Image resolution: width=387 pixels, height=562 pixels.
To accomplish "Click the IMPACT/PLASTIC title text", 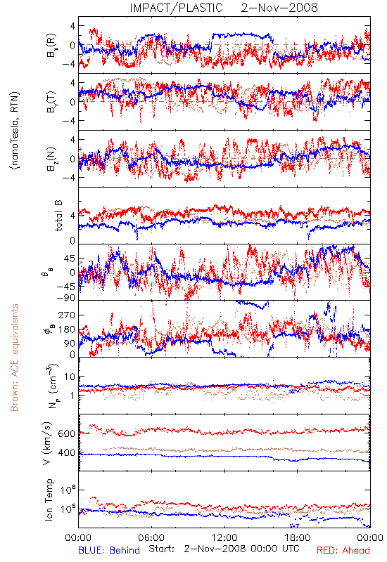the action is (177, 8).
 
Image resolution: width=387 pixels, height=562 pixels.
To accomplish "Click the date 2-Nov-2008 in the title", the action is (279, 8).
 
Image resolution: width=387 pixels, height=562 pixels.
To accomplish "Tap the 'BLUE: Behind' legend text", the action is (109, 550).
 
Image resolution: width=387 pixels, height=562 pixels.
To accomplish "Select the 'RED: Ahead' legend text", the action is (343, 550).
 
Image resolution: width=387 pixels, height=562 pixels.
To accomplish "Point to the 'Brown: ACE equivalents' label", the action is (14, 358).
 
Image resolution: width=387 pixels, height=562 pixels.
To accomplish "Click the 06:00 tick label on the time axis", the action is (151, 537).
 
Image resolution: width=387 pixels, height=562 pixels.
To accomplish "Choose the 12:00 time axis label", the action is (224, 537).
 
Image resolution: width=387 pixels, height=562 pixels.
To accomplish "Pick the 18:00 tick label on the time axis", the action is (298, 537).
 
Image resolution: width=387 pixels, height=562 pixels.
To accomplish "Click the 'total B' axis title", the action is (58, 216).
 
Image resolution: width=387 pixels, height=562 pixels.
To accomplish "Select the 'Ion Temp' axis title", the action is (49, 499).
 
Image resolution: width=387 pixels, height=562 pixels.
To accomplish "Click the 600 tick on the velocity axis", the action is (66, 433).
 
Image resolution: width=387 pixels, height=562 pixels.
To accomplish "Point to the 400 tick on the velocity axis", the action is (66, 452).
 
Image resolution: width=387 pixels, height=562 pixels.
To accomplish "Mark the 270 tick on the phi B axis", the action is (67, 315).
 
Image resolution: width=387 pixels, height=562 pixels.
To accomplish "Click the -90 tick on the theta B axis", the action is (65, 297).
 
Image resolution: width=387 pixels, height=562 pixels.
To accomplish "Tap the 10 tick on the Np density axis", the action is (70, 377).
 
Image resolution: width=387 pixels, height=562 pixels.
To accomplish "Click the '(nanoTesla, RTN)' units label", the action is (15, 130).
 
